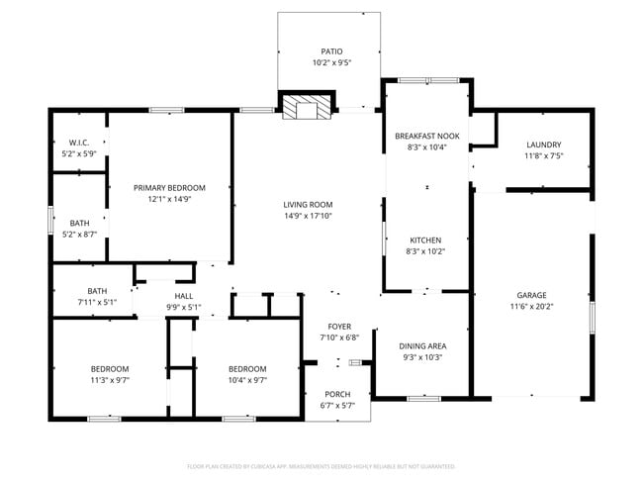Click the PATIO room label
331,51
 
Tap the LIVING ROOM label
308,204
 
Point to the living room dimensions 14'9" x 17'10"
308,216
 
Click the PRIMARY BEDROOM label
169,188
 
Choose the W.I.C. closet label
79,143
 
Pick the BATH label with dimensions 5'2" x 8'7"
79,223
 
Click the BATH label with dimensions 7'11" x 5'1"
97,291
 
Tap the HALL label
184,296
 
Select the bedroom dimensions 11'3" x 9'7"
110,380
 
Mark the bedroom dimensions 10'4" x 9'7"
247,380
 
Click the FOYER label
339,326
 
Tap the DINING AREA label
422,345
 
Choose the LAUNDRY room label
544,144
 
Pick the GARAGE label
531,295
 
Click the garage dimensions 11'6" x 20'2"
531,307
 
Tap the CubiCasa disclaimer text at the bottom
321,466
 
